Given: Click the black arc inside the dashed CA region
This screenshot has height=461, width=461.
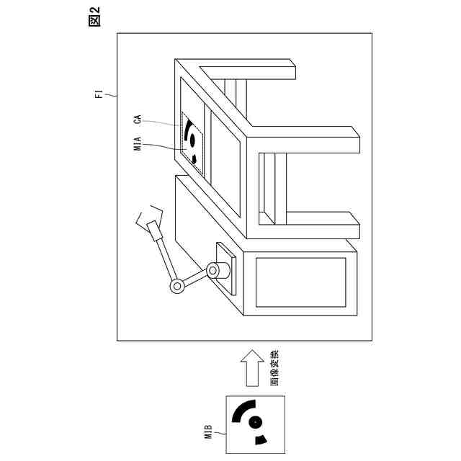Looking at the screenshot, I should pos(189,131).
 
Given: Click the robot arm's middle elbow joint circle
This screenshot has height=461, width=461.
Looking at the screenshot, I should pos(176,286).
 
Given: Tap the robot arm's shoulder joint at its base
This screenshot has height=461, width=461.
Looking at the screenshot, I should pos(213,271).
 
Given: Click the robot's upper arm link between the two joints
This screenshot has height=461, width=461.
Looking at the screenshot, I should pos(194,279).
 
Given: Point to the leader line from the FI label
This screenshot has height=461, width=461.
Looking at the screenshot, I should pos(110,95).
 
